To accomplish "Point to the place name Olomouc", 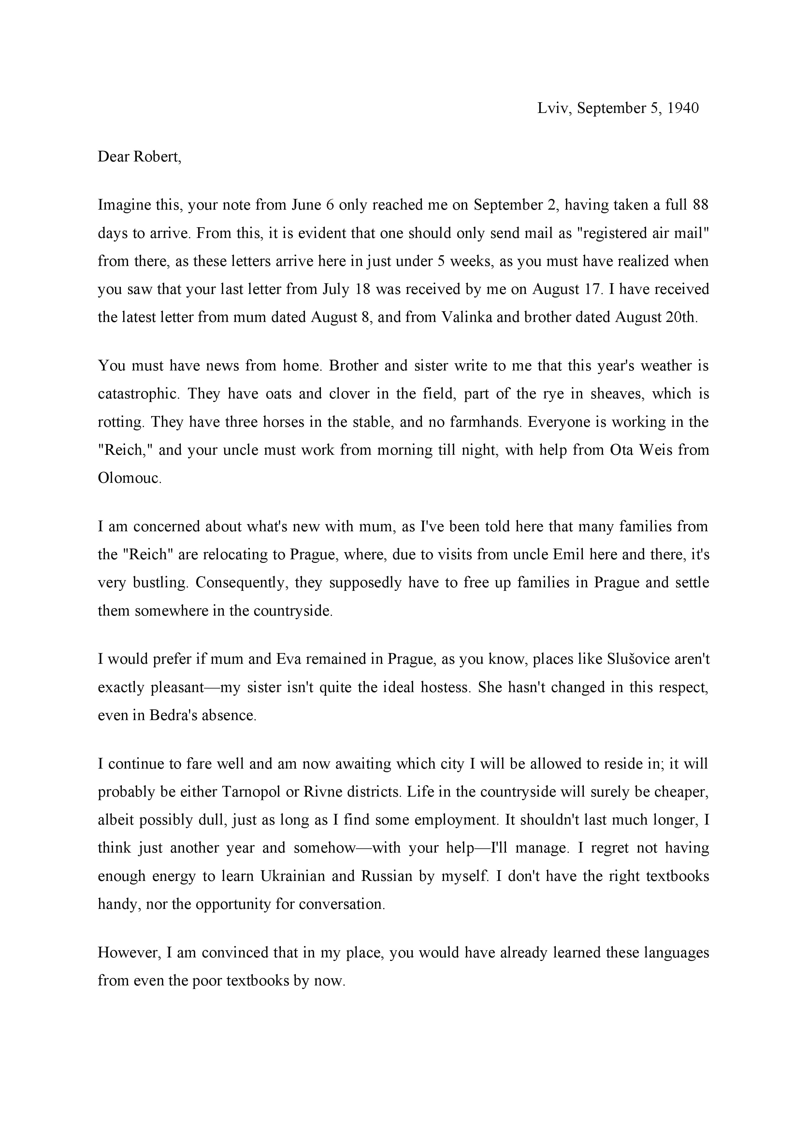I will click(129, 478).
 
